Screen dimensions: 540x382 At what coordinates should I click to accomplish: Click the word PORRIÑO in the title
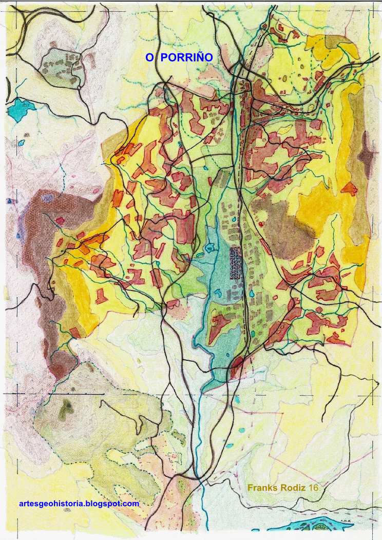[186, 57]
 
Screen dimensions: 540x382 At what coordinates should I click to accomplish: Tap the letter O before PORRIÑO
[149, 57]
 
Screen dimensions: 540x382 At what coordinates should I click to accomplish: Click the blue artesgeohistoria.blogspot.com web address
[79, 504]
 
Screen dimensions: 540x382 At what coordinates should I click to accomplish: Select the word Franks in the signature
[263, 488]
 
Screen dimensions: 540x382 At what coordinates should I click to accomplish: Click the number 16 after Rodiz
[313, 488]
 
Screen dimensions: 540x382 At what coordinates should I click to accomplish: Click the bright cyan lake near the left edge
[19, 109]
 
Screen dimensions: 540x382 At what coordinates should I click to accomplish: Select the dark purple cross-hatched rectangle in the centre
[235, 263]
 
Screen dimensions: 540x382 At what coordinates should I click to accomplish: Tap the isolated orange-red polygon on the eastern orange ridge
[349, 189]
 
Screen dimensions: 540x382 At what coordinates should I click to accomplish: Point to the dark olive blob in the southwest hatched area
[66, 409]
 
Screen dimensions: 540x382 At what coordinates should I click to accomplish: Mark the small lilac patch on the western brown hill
[48, 198]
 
